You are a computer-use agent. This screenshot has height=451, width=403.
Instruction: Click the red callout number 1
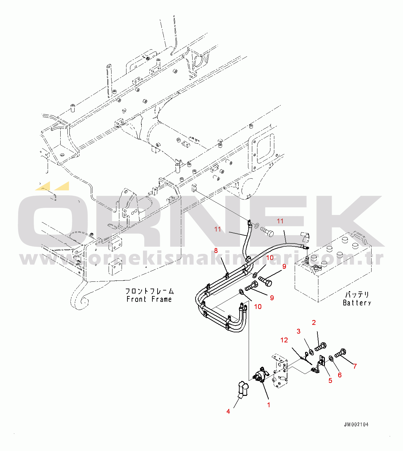(x=268, y=405)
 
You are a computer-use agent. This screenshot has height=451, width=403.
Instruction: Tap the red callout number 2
(x=314, y=323)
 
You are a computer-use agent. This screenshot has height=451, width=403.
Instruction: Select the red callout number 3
(x=298, y=331)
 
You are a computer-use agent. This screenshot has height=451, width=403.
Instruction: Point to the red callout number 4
(x=228, y=411)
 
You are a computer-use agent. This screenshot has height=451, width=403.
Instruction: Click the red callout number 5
(x=330, y=380)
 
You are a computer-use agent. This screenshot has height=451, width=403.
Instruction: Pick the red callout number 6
(x=339, y=375)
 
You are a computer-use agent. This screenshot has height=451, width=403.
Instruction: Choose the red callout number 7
(x=355, y=366)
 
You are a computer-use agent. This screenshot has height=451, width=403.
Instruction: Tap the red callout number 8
(x=216, y=251)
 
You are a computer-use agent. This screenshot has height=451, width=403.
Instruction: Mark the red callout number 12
(x=284, y=340)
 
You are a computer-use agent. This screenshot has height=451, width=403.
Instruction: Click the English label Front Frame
(x=149, y=299)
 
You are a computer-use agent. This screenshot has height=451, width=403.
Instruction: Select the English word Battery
(x=357, y=303)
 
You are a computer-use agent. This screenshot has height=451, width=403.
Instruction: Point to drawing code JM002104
(x=356, y=424)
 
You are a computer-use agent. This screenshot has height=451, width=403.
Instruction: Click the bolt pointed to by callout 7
(x=340, y=353)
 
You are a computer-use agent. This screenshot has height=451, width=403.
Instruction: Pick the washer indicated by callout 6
(x=331, y=358)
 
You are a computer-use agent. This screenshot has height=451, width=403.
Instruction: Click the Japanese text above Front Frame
(x=149, y=291)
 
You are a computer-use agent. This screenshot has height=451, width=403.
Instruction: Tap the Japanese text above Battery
(x=357, y=295)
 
